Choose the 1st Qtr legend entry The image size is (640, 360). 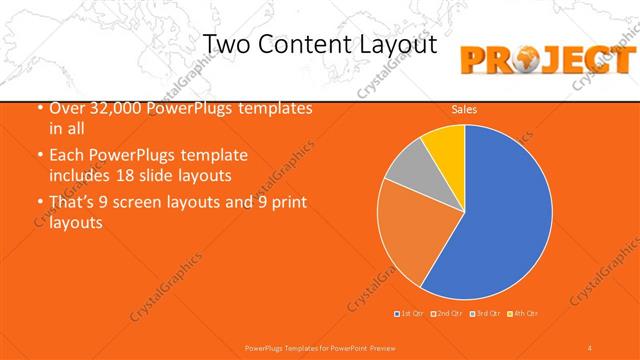[409, 314]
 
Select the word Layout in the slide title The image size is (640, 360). [398, 46]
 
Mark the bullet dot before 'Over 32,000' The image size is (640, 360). [39, 108]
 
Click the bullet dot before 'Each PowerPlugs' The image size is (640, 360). [39, 156]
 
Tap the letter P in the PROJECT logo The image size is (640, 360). [476, 60]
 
